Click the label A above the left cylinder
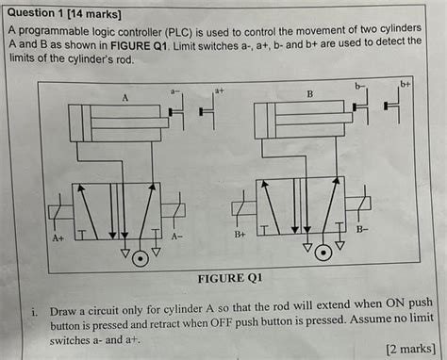coord(125,98)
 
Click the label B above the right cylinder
coord(310,94)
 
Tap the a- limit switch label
coord(174,91)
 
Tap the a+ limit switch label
coord(219,90)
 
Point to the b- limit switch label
coord(359,86)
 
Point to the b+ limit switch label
coord(406,84)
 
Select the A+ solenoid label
coord(58,237)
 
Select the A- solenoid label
coord(177,237)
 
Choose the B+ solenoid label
coord(240,235)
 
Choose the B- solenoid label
coord(361,229)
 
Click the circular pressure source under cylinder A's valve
coord(141,259)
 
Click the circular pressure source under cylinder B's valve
coord(323,253)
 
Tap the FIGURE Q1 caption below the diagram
coord(230,278)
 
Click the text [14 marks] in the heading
coord(94,14)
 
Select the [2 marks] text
coord(411,349)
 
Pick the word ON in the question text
coord(395,303)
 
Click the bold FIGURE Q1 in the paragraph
coord(139,46)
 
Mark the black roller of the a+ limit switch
coord(201,111)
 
